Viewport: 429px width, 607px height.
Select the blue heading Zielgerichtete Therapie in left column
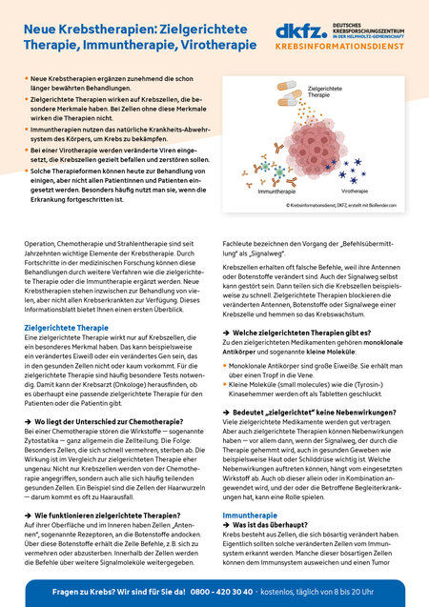66,327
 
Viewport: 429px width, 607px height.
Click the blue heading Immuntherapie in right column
250,515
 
